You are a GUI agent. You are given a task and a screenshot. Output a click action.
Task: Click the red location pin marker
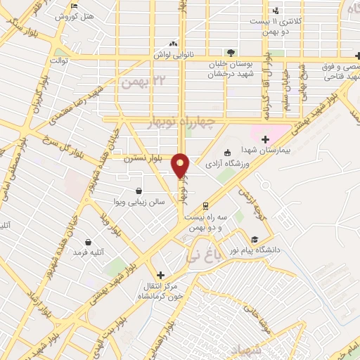coord(181,165)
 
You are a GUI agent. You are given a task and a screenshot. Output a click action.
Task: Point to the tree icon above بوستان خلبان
coord(230,51)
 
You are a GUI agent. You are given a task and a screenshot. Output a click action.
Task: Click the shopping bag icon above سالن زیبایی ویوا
coord(139,191)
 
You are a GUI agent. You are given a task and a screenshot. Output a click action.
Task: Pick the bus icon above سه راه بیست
coord(205,206)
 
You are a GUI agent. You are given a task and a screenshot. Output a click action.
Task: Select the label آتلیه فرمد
coord(88,252)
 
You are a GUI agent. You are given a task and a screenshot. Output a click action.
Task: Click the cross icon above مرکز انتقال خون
coord(160,274)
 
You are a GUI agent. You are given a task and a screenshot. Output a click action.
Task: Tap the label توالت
coord(58,60)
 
